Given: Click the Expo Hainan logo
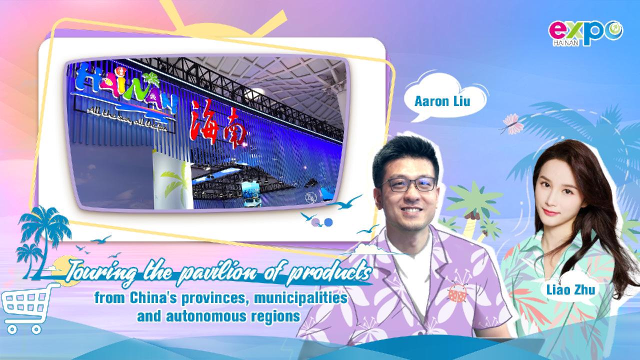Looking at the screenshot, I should (x=585, y=33).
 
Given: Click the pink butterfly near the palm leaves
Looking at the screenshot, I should (x=510, y=122).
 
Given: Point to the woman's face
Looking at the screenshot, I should (x=558, y=195).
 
